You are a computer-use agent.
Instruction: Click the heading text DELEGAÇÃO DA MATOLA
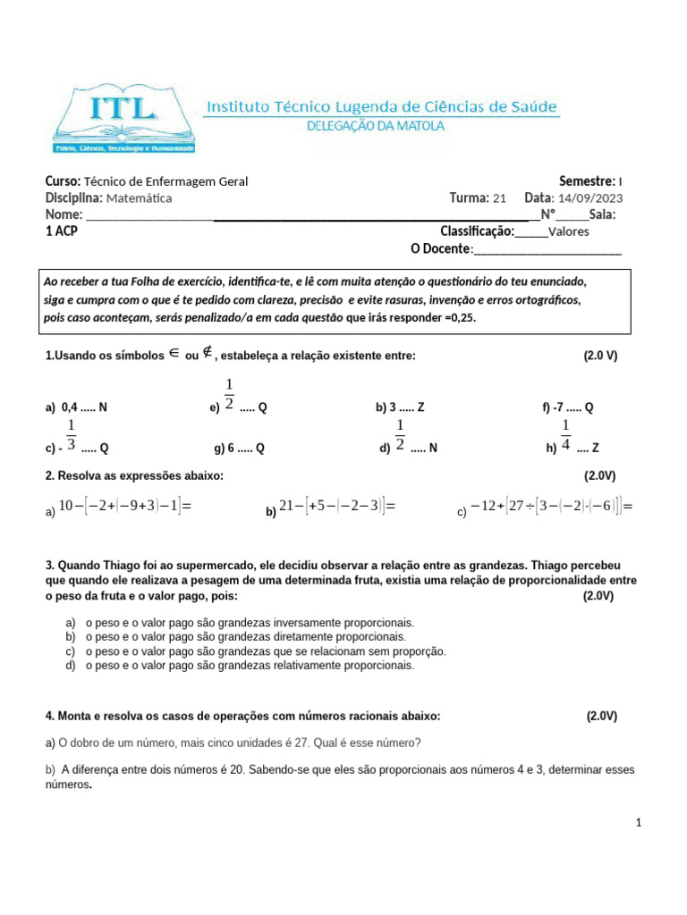click(x=375, y=126)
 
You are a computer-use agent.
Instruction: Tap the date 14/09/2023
click(x=590, y=198)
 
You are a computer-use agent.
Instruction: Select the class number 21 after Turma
click(x=499, y=198)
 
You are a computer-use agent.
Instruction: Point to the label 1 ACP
click(x=61, y=231)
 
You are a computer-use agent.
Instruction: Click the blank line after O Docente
click(x=547, y=249)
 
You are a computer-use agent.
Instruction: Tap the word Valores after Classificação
click(x=568, y=232)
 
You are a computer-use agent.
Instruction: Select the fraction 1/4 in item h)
click(x=565, y=434)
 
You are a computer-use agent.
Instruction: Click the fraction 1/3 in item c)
click(x=71, y=434)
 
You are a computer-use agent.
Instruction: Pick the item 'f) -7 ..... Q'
click(x=567, y=407)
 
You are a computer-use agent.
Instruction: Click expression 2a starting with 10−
click(x=123, y=507)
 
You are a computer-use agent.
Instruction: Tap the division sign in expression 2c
click(x=534, y=508)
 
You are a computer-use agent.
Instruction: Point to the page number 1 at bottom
click(x=640, y=822)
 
